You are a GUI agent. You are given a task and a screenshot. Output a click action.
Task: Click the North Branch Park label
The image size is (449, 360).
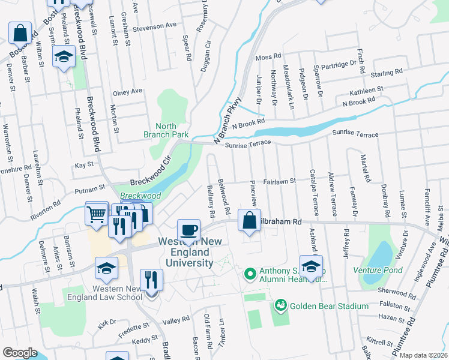(175, 130)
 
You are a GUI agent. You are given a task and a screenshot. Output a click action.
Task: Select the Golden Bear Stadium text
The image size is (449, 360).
(329, 306)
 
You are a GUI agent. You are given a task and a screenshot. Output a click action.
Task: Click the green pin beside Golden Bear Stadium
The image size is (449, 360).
(280, 306)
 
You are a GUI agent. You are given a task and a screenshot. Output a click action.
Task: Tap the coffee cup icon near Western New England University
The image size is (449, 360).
(189, 231)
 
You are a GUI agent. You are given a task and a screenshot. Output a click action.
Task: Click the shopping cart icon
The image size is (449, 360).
(97, 214)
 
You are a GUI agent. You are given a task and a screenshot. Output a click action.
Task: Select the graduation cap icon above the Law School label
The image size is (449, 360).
(106, 270)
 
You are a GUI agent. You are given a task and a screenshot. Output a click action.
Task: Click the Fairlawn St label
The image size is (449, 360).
(280, 181)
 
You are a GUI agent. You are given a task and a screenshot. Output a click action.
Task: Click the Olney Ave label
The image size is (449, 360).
(127, 91)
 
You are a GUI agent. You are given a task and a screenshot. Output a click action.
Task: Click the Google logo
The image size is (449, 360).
(20, 353)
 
